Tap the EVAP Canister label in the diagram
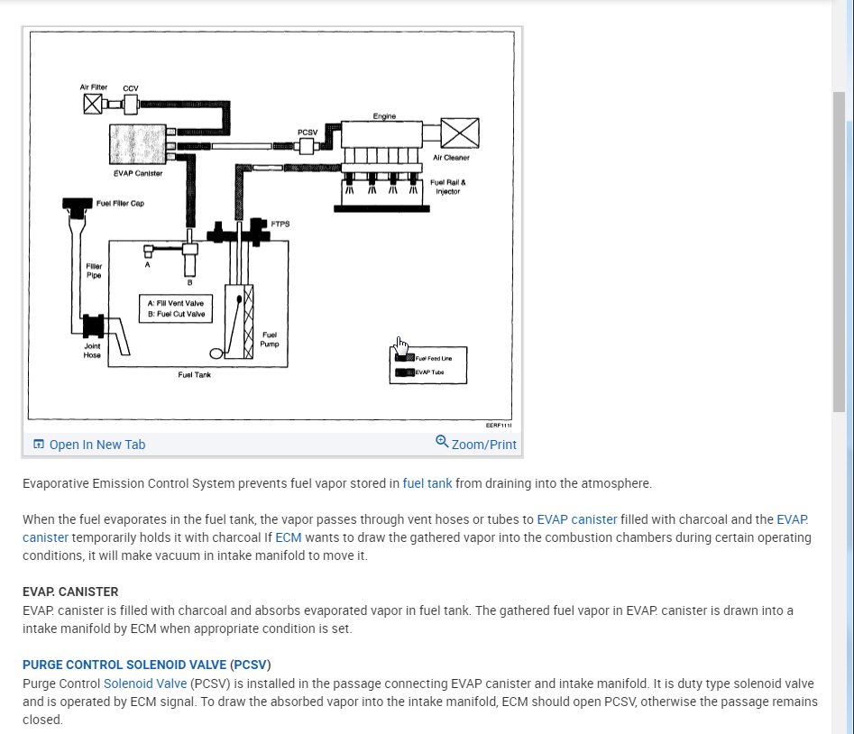click(138, 172)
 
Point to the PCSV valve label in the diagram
click(307, 132)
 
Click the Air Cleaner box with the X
click(459, 133)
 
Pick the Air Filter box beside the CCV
click(92, 105)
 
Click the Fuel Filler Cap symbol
click(78, 206)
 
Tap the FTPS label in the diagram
click(280, 224)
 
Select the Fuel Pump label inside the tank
click(269, 339)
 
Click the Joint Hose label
click(92, 350)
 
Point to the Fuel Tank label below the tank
click(195, 375)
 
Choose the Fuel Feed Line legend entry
click(433, 358)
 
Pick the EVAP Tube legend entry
click(429, 372)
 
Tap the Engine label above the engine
click(384, 116)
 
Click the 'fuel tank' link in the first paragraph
click(427, 483)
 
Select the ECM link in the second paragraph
click(289, 537)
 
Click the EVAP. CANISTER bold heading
click(70, 592)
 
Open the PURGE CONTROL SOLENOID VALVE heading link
click(124, 665)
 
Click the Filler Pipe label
click(94, 271)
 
